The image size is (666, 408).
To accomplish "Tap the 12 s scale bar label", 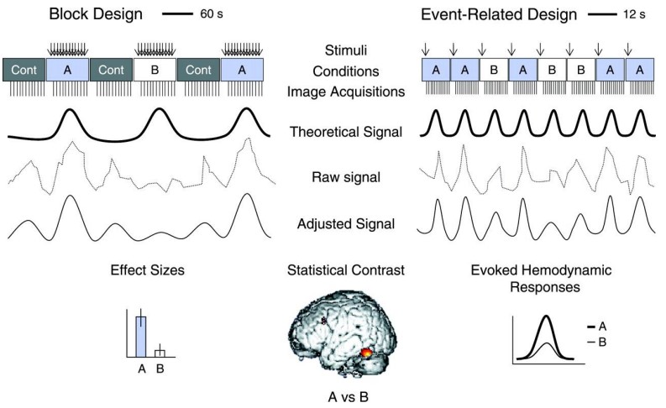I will point(632,14).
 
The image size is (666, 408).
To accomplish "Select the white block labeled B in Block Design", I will point(155,70).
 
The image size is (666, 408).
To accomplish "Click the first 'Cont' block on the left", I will point(25,70).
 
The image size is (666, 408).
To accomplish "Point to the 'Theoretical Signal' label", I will point(333,131).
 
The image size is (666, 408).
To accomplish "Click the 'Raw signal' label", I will point(333,178).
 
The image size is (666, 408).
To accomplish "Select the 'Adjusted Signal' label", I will point(333,224).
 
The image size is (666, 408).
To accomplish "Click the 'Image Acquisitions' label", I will point(333,90).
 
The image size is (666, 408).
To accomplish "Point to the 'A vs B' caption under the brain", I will point(333,395).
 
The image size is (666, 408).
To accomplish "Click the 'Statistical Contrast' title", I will point(333,270).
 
